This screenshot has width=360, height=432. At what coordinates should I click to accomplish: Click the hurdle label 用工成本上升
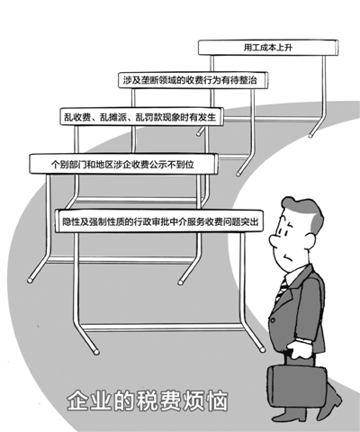click(x=267, y=48)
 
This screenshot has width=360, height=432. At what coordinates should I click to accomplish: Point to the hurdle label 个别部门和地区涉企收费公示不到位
click(x=122, y=165)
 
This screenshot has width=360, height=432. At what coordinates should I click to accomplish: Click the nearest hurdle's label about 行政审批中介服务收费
click(x=160, y=221)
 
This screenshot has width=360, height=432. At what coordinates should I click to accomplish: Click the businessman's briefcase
click(x=296, y=385)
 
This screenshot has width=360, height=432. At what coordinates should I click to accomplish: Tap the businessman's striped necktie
click(x=282, y=289)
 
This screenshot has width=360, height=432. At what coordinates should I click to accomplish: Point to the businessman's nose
click(x=274, y=240)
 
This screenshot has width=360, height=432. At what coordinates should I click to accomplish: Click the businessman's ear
click(x=310, y=240)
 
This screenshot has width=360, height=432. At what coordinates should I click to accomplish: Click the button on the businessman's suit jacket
click(x=273, y=320)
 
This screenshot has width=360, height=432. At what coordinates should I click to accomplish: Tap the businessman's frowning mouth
click(x=289, y=257)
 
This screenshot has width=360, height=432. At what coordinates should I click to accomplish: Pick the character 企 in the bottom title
click(x=77, y=400)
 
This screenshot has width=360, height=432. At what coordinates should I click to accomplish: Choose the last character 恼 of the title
click(x=217, y=400)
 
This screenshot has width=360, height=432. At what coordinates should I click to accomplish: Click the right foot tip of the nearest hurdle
click(x=263, y=350)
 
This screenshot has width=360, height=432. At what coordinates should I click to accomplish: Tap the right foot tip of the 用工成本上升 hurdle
click(x=310, y=136)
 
